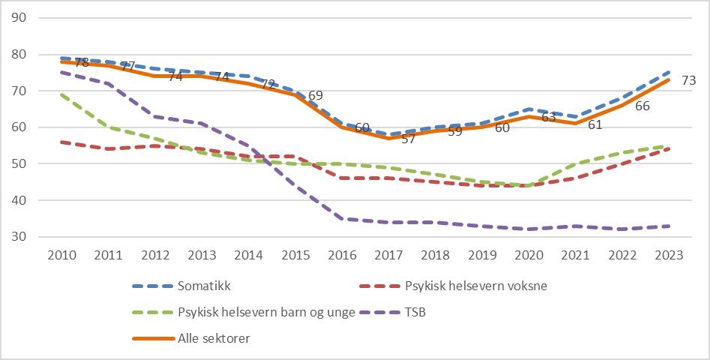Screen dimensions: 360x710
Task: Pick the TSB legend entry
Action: tap(416, 312)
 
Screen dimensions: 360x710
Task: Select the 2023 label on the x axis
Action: tap(669, 254)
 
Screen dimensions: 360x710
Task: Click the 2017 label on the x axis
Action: tap(388, 254)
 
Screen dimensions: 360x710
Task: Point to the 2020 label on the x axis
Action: tap(529, 254)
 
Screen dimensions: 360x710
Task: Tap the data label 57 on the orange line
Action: tap(409, 139)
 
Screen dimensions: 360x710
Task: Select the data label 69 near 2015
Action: tap(315, 95)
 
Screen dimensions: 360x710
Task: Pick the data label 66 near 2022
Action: tap(643, 106)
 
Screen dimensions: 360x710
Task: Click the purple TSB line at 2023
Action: tap(669, 226)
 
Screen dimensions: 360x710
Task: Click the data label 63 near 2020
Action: tap(548, 117)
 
